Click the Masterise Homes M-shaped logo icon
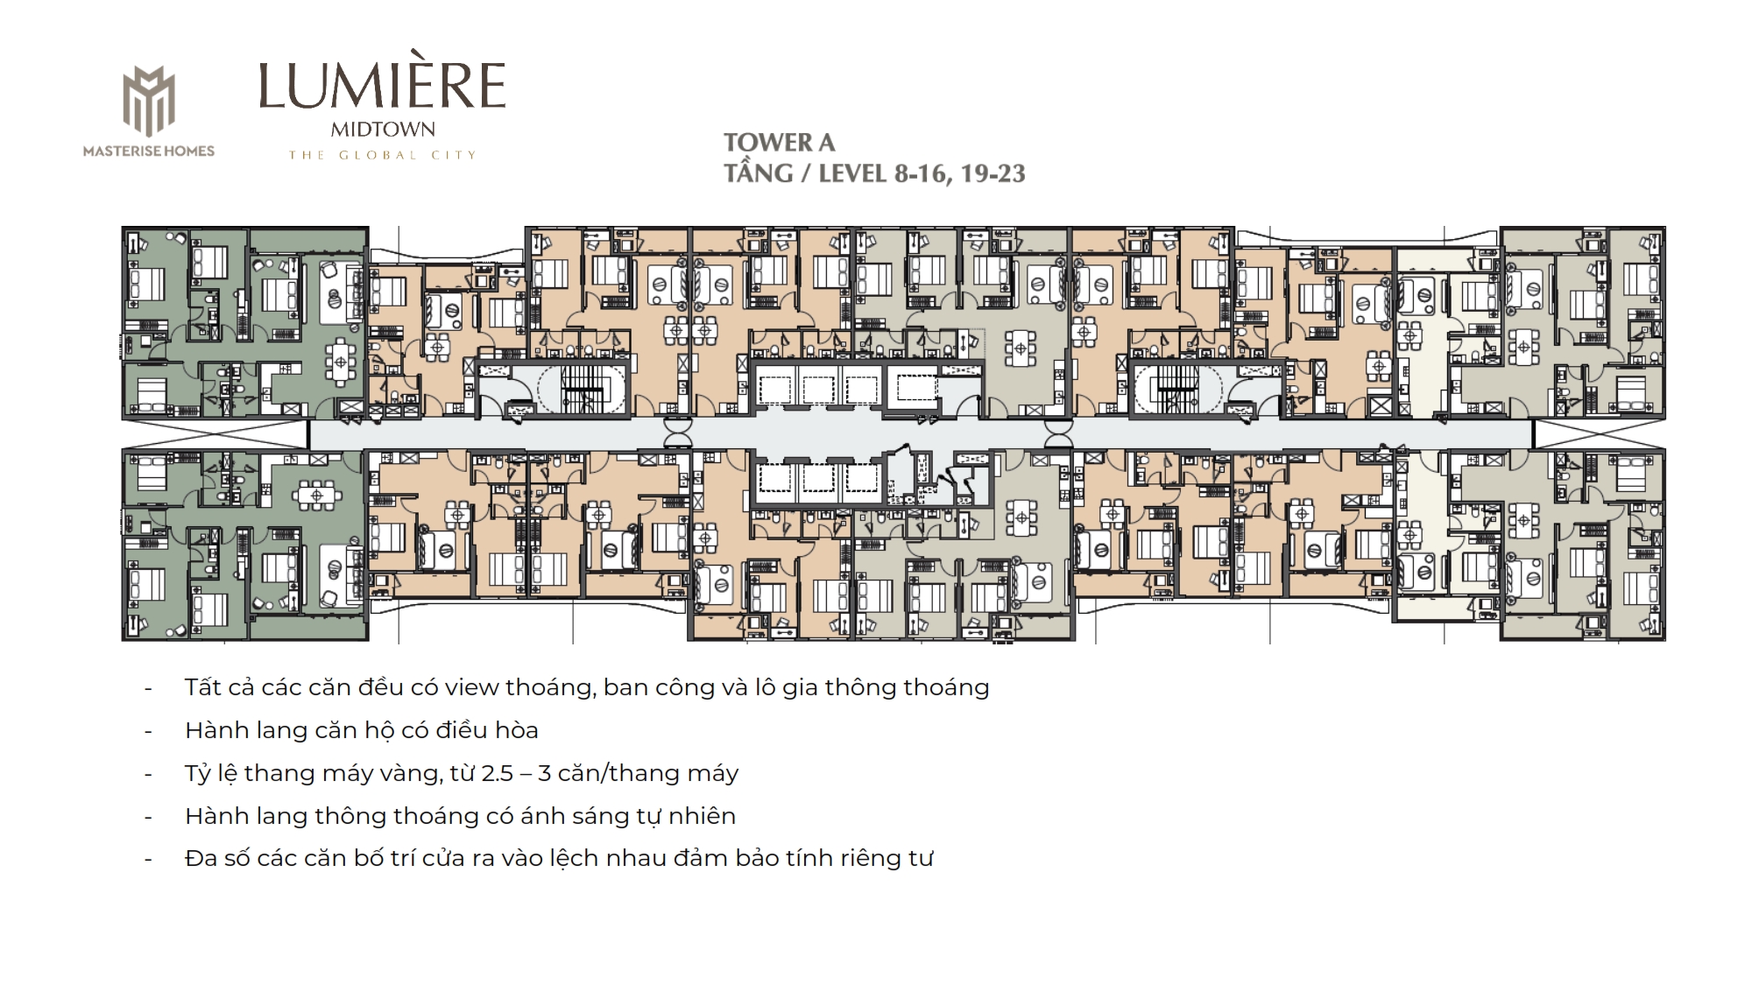[148, 102]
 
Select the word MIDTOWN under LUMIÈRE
[383, 130]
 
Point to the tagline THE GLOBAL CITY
[383, 155]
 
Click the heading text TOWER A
[779, 143]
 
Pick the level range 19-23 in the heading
[993, 173]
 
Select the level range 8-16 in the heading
[921, 173]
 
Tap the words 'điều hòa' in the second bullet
[490, 730]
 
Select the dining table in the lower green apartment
[315, 496]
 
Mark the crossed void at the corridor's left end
[215, 433]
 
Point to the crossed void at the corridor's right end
[1599, 433]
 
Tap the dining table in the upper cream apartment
[1409, 335]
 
